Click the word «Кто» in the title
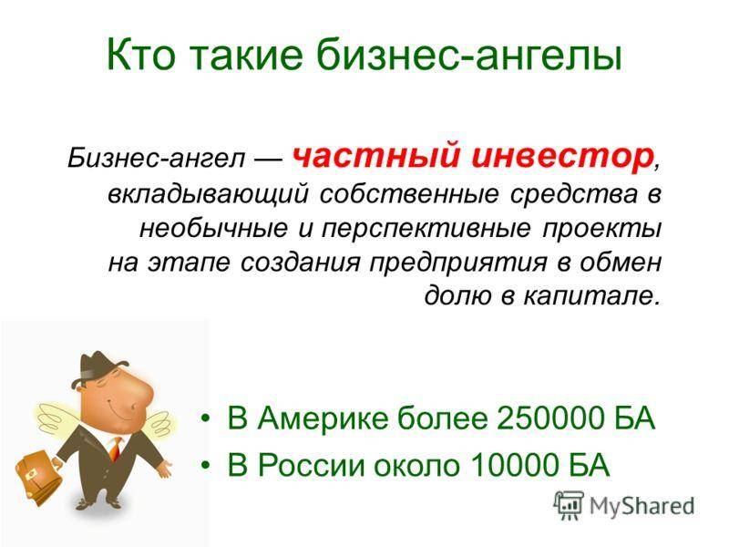pos(141,54)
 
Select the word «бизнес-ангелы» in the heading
pos(469,55)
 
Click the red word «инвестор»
pos(561,157)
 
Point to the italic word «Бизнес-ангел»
pos(156,158)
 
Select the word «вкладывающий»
pos(209,194)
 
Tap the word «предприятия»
pos(458,263)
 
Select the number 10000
pos(514,465)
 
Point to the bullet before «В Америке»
pos(205,418)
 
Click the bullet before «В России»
pos(205,465)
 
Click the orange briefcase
pos(38,477)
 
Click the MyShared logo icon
pos(569,505)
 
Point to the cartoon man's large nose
pos(138,392)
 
